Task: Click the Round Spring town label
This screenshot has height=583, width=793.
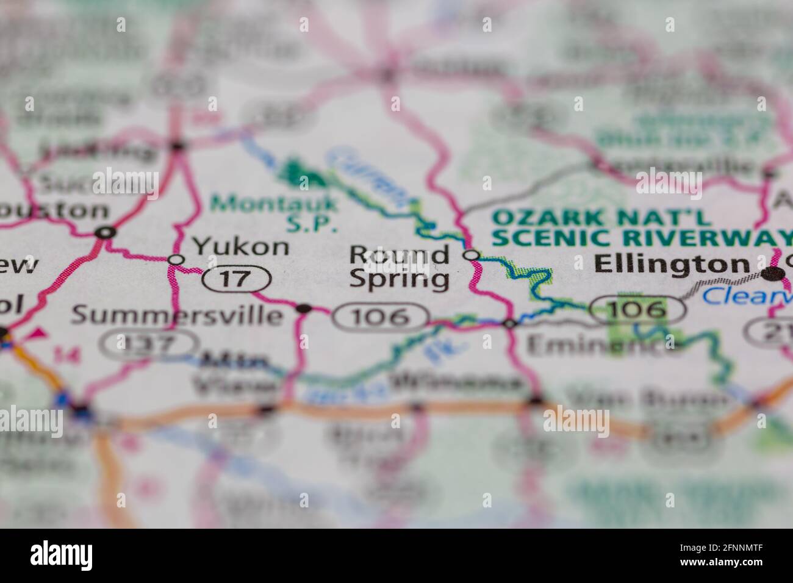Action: click(400, 266)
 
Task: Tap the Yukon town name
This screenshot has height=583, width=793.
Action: click(241, 247)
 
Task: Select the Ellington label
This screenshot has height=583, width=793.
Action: click(671, 264)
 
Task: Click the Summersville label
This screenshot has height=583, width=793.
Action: click(178, 315)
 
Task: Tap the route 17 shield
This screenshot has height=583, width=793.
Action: click(236, 279)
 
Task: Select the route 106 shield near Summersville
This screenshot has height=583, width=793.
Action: click(381, 317)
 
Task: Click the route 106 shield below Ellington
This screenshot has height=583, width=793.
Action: click(638, 309)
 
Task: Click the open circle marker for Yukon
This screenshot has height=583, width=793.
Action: click(176, 260)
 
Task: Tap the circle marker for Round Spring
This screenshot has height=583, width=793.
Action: click(471, 255)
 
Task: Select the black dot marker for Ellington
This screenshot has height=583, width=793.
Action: click(773, 274)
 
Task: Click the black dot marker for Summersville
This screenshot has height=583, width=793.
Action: click(303, 309)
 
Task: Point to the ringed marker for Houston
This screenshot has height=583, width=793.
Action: click(106, 232)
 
